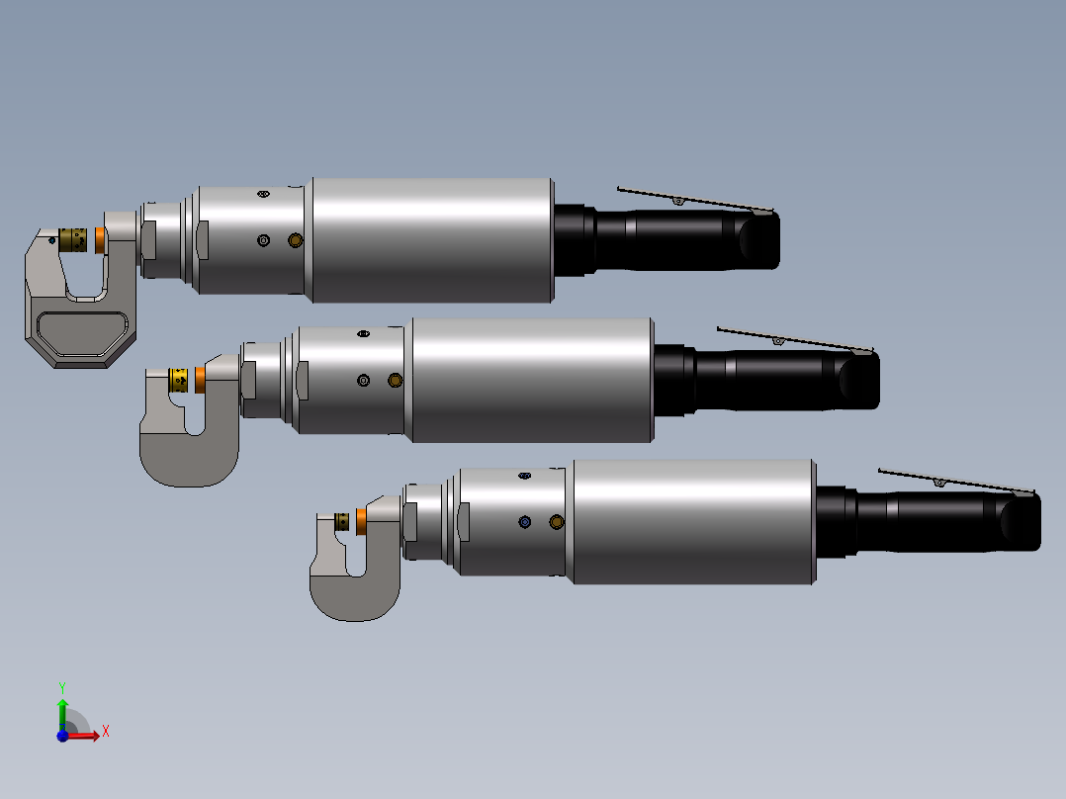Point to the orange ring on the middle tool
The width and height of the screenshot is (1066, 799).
[x=200, y=379]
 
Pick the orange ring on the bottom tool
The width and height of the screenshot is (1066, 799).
[x=362, y=520]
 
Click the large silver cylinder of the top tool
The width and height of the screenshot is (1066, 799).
[x=431, y=240]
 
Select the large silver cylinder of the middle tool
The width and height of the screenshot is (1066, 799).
[x=532, y=380]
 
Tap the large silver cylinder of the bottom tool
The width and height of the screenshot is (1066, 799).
[x=692, y=521]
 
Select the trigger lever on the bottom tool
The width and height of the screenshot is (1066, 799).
[x=954, y=481]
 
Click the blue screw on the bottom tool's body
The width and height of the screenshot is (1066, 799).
[x=525, y=521]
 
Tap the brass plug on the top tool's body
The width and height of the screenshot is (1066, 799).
[x=295, y=240]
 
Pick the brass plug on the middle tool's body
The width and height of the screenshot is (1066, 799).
[x=395, y=380]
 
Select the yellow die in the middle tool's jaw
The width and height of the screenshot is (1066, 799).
[x=180, y=379]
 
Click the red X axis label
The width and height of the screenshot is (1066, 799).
[x=105, y=732]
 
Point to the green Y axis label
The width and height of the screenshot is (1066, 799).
[x=61, y=686]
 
